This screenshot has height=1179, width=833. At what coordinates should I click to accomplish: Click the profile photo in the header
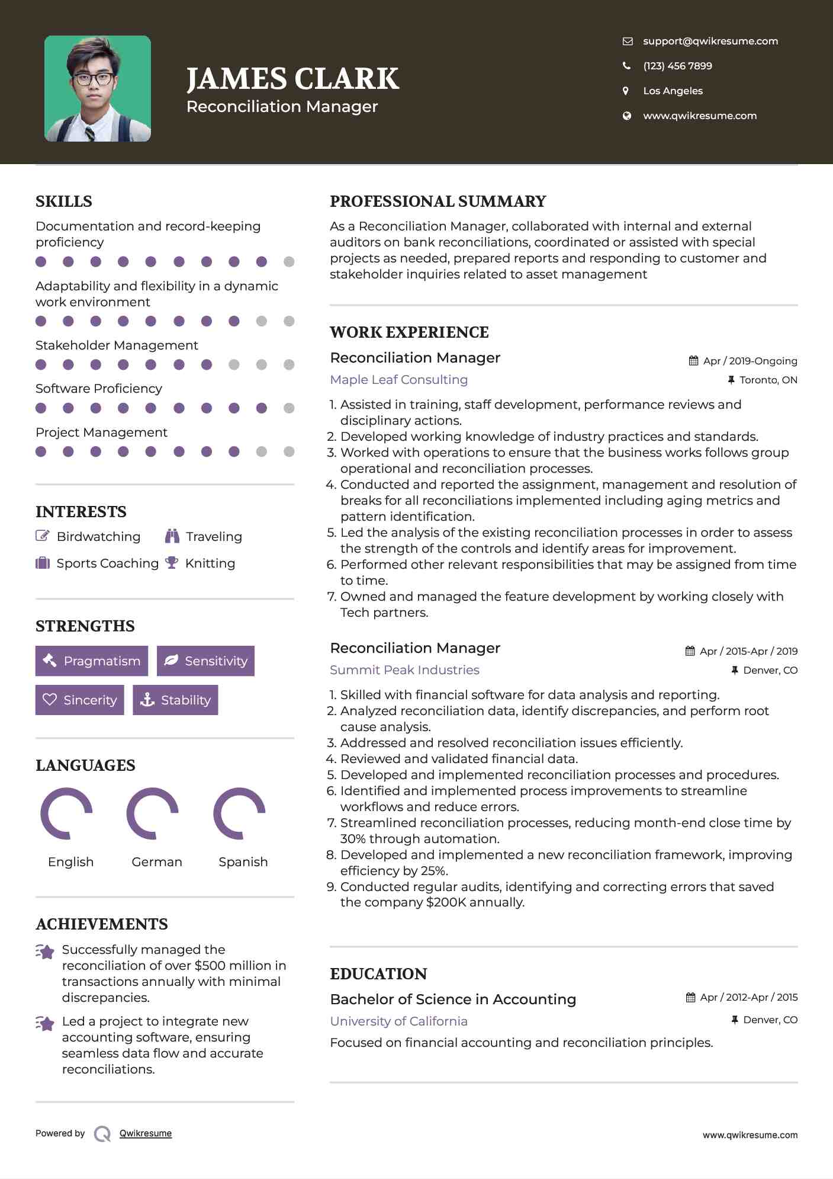98,89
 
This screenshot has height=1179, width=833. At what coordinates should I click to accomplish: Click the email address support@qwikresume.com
710,41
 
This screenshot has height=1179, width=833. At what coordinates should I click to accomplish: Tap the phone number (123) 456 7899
677,66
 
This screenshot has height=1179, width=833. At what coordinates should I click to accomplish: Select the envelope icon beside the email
628,41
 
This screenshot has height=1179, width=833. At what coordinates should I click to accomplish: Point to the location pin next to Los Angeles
626,91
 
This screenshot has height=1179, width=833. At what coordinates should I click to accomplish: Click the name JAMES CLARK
292,79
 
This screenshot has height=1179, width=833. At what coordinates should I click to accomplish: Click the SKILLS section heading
64,201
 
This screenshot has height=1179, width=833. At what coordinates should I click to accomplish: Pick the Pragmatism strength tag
92,661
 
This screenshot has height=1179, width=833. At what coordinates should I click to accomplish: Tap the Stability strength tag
175,700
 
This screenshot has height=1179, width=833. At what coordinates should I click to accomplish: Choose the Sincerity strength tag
80,700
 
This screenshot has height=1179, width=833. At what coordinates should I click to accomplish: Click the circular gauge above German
153,813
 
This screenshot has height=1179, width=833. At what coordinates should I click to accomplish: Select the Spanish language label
243,861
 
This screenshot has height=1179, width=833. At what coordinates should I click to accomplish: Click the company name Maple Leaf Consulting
398,380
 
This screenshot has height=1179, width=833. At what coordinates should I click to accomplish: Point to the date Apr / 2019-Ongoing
750,361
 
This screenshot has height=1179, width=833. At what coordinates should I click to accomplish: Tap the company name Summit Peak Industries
404,670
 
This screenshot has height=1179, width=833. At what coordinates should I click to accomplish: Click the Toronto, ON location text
768,380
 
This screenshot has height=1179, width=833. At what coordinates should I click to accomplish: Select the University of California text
398,1021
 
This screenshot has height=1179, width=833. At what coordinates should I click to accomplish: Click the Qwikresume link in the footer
146,1133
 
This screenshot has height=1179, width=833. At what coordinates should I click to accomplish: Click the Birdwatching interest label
98,537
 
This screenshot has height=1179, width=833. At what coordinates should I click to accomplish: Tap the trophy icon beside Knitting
172,563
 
